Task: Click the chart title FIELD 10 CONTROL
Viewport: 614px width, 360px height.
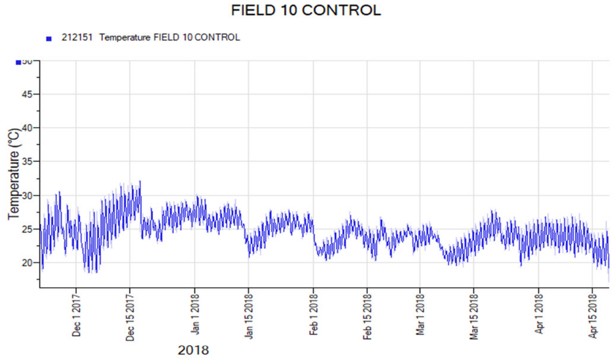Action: click(306, 10)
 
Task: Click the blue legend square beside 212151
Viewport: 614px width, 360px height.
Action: click(49, 39)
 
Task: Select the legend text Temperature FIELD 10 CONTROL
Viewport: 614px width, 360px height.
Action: click(170, 38)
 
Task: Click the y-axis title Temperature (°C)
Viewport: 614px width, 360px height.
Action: click(14, 174)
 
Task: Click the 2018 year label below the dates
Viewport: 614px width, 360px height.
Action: click(193, 350)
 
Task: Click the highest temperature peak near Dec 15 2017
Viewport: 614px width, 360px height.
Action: click(140, 182)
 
